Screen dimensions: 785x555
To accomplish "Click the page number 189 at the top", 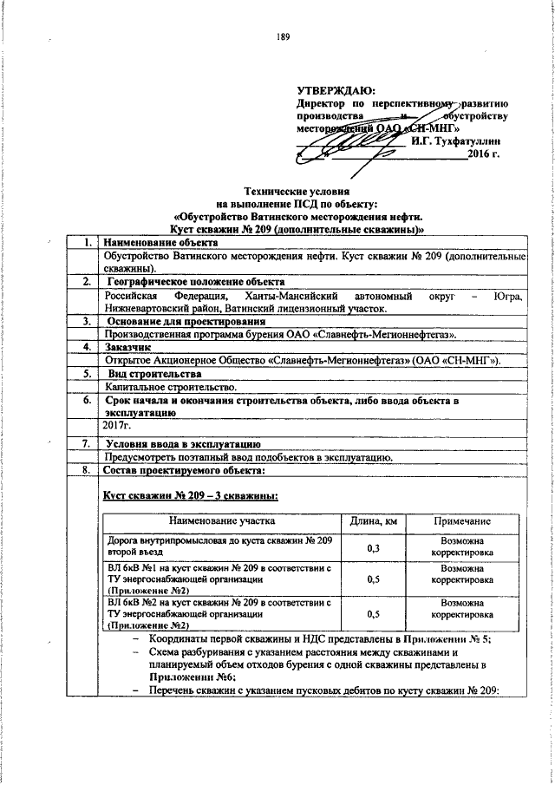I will pos(283,36).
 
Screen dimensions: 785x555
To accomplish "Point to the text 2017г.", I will pos(116,427).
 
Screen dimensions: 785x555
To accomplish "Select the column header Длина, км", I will pos(374,520).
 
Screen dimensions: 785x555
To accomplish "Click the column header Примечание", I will pos(461,520).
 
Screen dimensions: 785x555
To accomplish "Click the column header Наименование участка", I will pos(223,520).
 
